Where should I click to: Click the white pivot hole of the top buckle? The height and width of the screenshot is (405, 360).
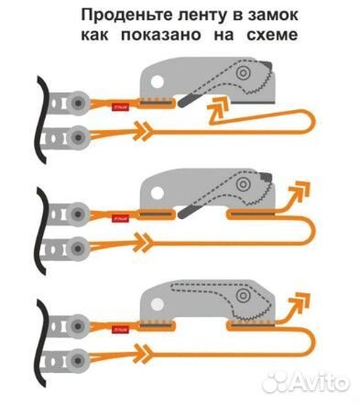pyautogui.click(x=157, y=82)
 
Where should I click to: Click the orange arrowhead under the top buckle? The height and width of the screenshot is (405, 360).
pyautogui.click(x=218, y=111)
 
